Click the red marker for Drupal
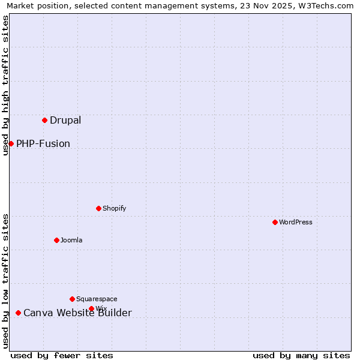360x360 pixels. click(x=44, y=120)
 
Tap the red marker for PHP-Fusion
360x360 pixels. click(x=11, y=143)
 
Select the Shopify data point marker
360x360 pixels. click(x=98, y=208)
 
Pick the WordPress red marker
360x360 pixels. click(x=275, y=222)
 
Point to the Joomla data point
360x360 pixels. click(x=56, y=240)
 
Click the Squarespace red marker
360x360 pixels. click(x=72, y=299)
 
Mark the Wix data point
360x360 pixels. click(x=91, y=308)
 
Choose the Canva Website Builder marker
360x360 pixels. click(x=18, y=313)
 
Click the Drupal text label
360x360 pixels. click(x=65, y=120)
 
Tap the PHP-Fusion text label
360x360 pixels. click(x=43, y=143)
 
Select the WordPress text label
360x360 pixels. click(x=296, y=222)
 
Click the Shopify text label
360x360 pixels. click(x=115, y=208)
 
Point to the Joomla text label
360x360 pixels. click(x=71, y=240)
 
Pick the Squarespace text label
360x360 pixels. click(x=97, y=299)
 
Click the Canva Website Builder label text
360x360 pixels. click(x=77, y=313)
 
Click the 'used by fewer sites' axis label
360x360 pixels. click(x=62, y=355)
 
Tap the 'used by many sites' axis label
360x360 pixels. click(x=301, y=355)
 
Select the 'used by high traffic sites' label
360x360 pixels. click(x=5, y=85)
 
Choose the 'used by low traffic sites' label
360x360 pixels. click(x=5, y=280)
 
